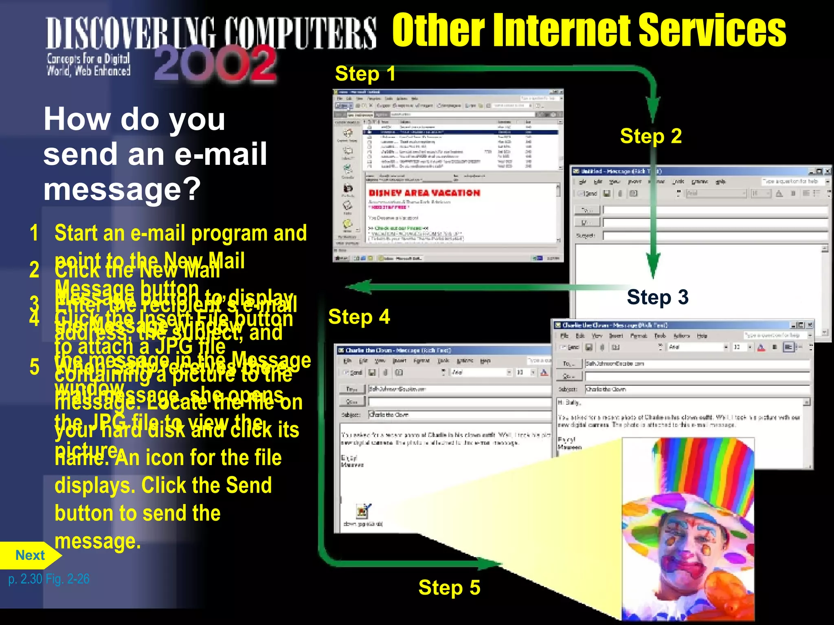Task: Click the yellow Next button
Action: point(30,555)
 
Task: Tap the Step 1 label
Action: point(365,74)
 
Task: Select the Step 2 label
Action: point(650,136)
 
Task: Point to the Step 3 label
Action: point(657,297)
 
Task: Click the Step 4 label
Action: point(359,317)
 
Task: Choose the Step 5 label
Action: point(449,588)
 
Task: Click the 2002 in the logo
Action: point(215,64)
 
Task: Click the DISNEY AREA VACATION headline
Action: point(424,193)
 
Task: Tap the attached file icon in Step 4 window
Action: point(362,511)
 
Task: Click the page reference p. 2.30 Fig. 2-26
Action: point(49,579)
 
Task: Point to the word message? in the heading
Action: point(122,190)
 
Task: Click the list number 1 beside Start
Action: point(34,233)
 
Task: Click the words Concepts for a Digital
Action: point(88,59)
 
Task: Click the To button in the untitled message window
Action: point(587,210)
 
